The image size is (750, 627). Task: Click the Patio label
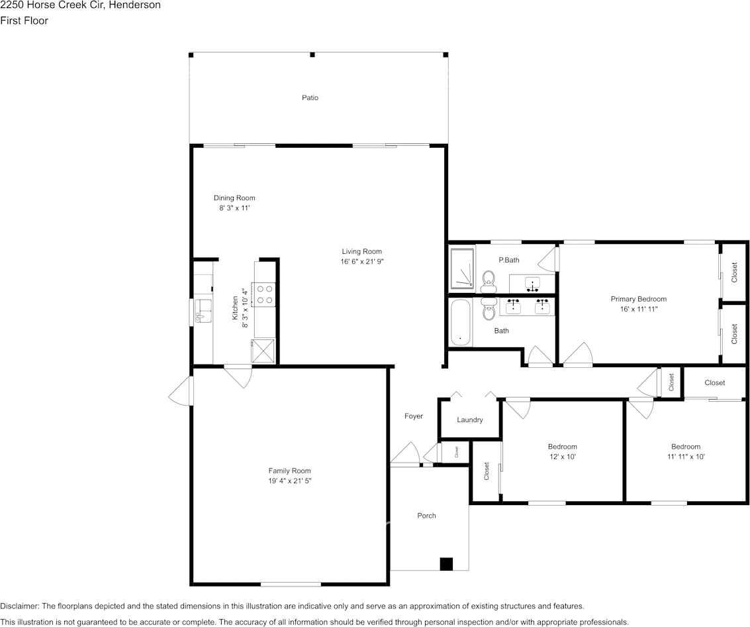310,97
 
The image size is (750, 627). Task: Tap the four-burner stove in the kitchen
265,294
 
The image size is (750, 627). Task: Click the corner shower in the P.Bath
462,269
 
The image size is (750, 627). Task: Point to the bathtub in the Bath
461,322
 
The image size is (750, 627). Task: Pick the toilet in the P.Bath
489,280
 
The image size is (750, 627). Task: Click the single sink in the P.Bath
532,284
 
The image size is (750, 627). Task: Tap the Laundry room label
469,420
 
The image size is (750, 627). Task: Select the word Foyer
414,416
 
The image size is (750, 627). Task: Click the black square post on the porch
446,564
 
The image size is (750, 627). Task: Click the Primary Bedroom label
638,299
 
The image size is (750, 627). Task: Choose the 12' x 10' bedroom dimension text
562,456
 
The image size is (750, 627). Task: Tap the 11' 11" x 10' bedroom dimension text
685,456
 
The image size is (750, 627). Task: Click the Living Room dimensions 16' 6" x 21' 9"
361,261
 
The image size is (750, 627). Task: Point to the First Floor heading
24,21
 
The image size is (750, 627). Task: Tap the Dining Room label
234,198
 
